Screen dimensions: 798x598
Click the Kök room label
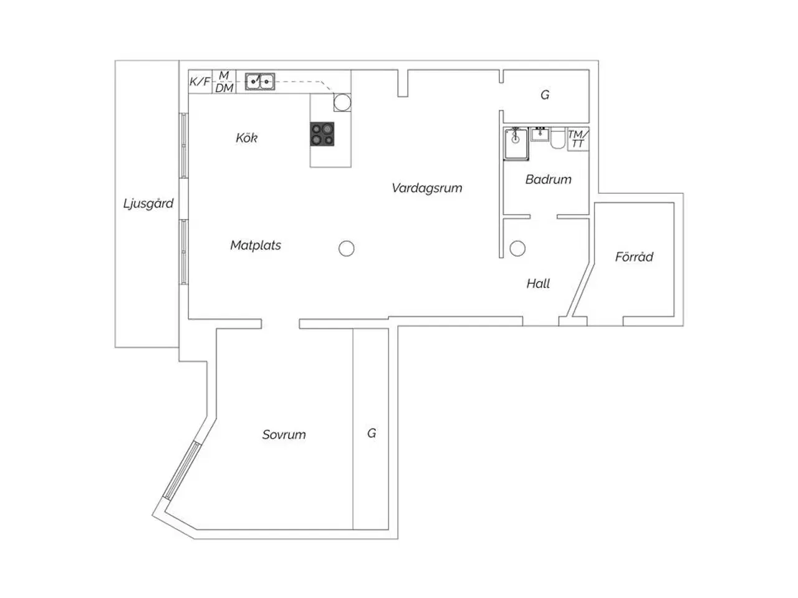coord(246,138)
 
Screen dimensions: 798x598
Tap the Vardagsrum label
coord(427,187)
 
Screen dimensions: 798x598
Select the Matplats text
coord(256,245)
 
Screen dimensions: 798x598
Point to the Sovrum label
coord(284,434)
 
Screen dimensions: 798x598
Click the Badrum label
coord(548,179)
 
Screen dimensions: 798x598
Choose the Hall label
coord(538,283)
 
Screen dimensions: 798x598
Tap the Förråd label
coord(634,257)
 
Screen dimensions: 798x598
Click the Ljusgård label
coord(148,203)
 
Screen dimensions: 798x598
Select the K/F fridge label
coord(199,82)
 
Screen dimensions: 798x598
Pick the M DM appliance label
coord(224,82)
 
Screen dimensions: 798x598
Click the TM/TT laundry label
coord(578,139)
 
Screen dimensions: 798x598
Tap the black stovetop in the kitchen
coord(322,134)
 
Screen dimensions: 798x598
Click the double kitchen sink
coord(260,82)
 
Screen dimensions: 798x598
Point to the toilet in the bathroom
coord(558,138)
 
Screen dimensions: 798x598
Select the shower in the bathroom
coord(516,143)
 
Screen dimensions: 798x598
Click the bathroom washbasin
coord(540,134)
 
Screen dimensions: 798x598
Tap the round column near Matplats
coord(347,249)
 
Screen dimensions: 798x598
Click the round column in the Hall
coord(517,249)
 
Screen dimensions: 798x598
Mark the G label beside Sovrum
coord(372,433)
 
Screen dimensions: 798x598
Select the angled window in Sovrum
coord(181,471)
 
